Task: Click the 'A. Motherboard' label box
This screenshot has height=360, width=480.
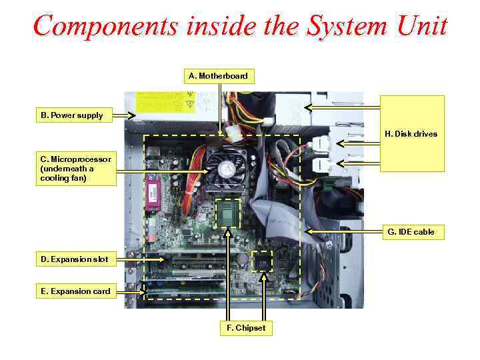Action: click(218, 75)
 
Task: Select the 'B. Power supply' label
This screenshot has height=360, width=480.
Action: click(72, 115)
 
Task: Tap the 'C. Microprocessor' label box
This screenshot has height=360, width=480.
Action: click(75, 169)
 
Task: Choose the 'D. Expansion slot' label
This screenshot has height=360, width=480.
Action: click(75, 259)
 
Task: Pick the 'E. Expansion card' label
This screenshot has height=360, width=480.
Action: click(75, 291)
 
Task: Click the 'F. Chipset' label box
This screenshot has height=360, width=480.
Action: click(246, 327)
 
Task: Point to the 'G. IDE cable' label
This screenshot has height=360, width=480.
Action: click(411, 232)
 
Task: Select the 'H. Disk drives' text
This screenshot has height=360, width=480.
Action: click(411, 134)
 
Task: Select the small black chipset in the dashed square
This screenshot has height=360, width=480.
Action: click(263, 261)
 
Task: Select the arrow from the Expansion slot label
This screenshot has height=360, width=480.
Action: click(140, 259)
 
